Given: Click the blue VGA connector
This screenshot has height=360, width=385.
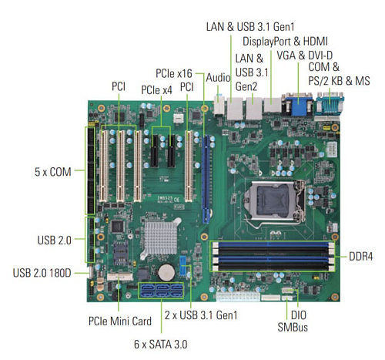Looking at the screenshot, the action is pos(298,105).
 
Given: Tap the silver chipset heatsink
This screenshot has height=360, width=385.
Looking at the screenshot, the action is pos(160,238).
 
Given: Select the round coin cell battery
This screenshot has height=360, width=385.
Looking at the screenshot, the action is pos(166,272).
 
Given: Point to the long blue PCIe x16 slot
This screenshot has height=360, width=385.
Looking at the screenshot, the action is pos(206,179).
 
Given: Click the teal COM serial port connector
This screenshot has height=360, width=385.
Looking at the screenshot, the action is pos(330,104).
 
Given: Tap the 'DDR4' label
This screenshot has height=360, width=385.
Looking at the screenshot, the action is pos(360,257).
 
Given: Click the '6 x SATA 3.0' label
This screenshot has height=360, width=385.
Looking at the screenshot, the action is pos(161,345).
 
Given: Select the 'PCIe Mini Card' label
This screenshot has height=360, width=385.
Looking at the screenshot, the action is pos(120,321).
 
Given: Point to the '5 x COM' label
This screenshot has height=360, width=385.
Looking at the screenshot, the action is pos(53,172).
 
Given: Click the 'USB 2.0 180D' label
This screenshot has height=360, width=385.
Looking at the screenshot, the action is pos(42,273).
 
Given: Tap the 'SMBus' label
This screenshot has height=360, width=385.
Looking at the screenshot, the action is pos(293,327).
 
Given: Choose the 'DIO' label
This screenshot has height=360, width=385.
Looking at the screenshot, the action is pos(299,315).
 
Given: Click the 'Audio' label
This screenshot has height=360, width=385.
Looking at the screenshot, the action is pos(218,78).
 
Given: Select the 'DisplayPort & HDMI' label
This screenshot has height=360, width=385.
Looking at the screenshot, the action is pos(285,42).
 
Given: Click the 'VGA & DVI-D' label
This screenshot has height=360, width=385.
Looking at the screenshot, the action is pos(305,56).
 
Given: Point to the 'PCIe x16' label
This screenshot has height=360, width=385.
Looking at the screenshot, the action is pos(174,73).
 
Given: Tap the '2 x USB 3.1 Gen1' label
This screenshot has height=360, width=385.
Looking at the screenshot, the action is pos(201,315).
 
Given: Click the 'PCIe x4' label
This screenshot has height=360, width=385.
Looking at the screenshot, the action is pos(156,90).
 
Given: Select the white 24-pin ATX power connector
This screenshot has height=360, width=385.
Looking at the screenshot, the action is pos(237,296).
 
